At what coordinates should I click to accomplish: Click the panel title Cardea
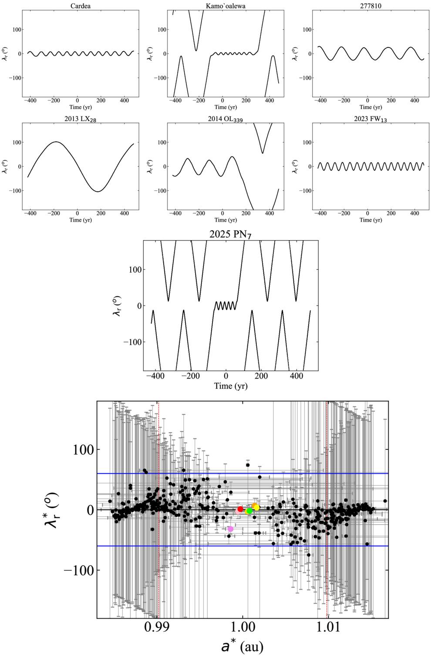tap(81, 6)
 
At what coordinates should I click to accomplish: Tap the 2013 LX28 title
tap(81, 119)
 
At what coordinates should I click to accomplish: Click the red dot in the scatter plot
tap(240, 509)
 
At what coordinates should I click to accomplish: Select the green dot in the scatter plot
tap(249, 511)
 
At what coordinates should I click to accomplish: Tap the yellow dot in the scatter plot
tap(257, 508)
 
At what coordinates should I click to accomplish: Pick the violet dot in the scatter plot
tap(231, 529)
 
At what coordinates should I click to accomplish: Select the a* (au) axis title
tap(242, 647)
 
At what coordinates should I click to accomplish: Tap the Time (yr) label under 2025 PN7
tap(230, 386)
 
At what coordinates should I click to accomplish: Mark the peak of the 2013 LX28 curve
tap(56, 142)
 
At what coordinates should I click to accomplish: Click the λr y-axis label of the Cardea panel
tap(6, 54)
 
